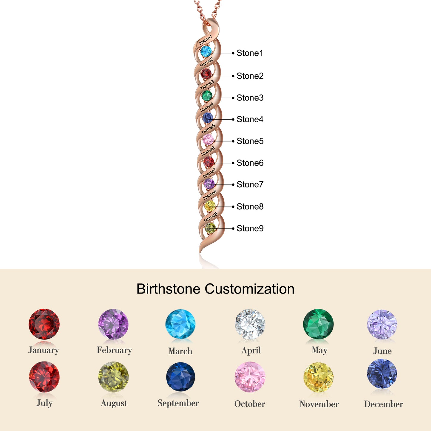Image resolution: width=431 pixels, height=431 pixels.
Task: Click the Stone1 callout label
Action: click(x=250, y=53)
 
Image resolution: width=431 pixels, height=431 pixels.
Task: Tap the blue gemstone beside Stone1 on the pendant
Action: click(x=206, y=51)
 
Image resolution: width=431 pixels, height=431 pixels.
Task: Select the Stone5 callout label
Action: click(x=250, y=141)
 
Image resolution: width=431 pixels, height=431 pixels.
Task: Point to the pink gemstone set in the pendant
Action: click(x=208, y=140)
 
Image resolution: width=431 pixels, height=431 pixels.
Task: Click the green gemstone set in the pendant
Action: click(x=207, y=96)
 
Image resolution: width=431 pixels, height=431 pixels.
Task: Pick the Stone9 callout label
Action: click(x=250, y=228)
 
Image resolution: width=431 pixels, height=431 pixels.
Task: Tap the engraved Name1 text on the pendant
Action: click(x=205, y=40)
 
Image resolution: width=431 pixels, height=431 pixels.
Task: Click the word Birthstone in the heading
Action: click(x=168, y=289)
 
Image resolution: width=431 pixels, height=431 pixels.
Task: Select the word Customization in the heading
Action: click(x=249, y=289)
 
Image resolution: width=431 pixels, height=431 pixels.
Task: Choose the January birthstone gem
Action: click(x=44, y=324)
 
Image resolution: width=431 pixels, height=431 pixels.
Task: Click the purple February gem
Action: click(x=113, y=324)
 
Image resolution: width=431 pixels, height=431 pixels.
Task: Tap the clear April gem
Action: click(x=250, y=325)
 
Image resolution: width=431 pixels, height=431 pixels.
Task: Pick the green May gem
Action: click(x=318, y=324)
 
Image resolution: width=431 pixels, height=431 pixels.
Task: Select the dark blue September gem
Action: click(x=180, y=377)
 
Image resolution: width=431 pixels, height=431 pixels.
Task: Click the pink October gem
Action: click(x=250, y=377)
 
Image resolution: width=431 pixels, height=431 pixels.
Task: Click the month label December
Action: click(x=384, y=404)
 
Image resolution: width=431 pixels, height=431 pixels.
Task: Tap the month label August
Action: click(x=114, y=403)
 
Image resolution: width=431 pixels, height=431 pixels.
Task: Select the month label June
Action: click(x=382, y=351)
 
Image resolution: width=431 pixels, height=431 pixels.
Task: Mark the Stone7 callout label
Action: click(x=250, y=185)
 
